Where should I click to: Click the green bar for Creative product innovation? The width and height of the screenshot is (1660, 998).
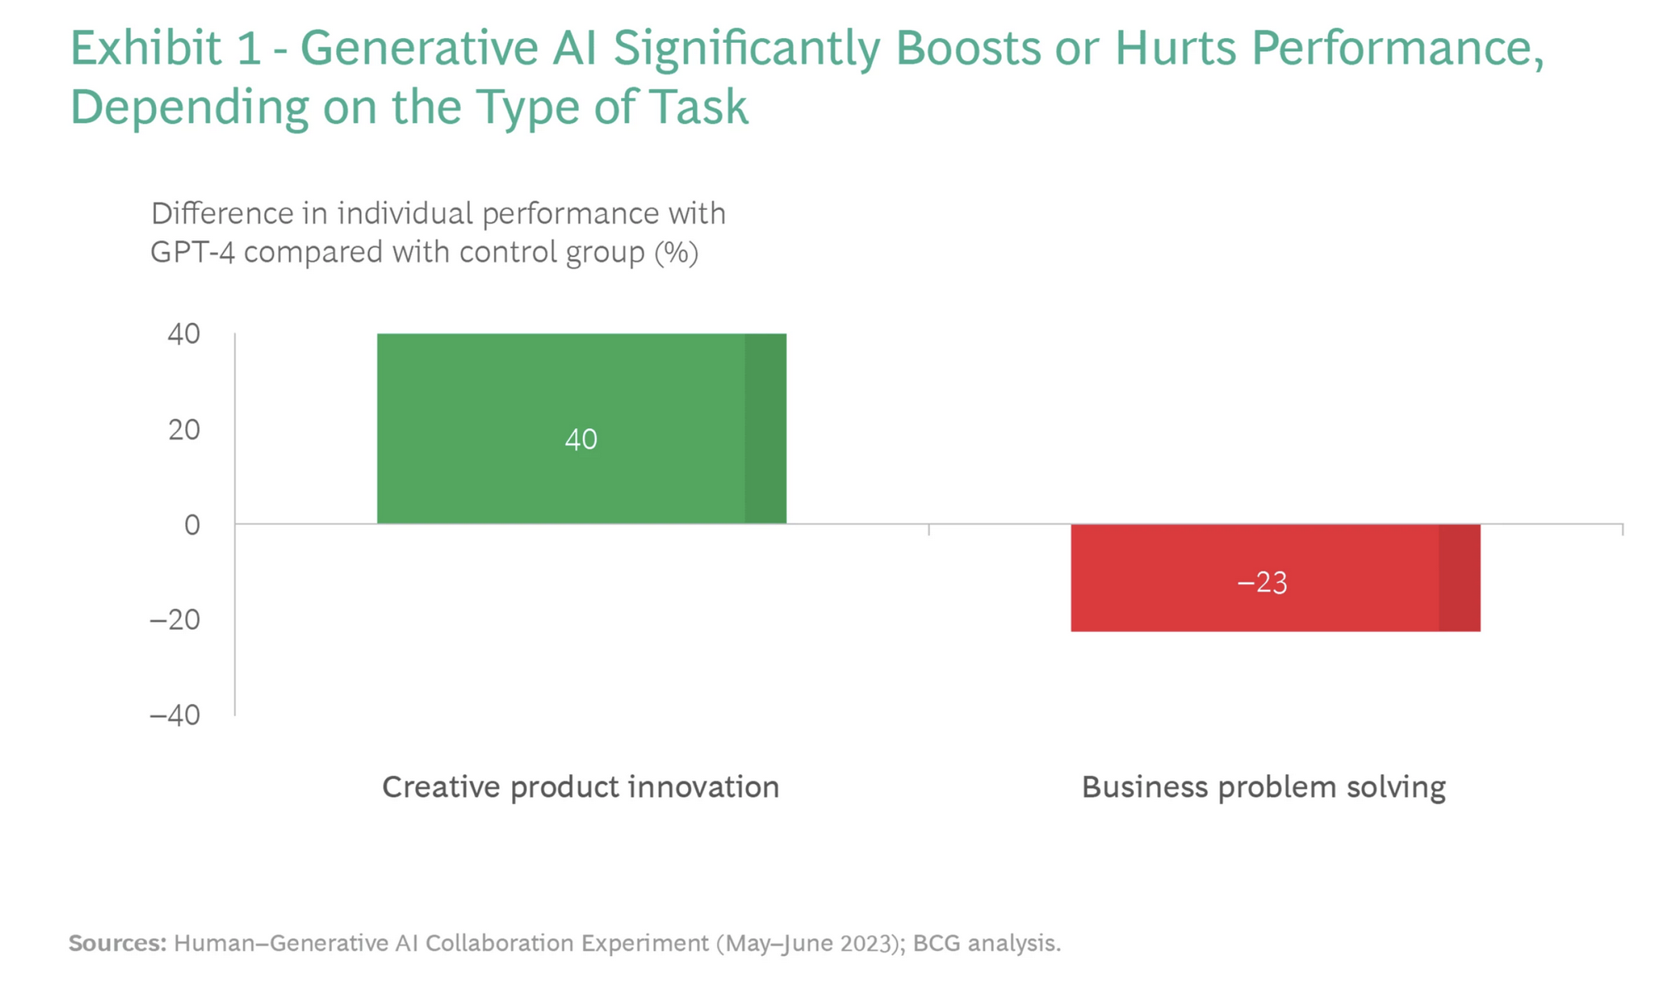point(581,428)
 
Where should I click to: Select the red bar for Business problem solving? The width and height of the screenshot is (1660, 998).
point(1275,577)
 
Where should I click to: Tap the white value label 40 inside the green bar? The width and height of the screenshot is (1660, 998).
point(581,440)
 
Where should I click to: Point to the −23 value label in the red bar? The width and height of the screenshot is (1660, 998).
point(1262,583)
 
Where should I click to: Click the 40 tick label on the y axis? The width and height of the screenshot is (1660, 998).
point(184,334)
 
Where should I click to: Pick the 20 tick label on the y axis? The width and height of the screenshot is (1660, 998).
point(184,430)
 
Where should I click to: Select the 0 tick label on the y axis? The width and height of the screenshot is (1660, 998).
point(192,525)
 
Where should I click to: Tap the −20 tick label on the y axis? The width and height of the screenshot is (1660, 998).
point(175,620)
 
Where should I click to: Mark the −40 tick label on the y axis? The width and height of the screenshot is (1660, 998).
point(175,715)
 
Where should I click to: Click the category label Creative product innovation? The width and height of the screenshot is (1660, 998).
point(581,787)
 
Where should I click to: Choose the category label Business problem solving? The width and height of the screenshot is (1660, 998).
point(1264,787)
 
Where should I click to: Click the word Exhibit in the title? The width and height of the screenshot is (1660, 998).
point(146,48)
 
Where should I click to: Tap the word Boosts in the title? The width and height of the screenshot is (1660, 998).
point(968,48)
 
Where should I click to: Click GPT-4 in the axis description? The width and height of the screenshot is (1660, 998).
point(192,252)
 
